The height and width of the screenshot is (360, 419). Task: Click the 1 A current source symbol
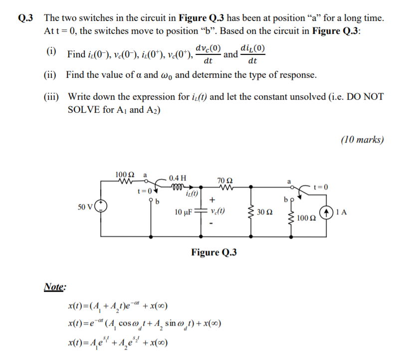327,211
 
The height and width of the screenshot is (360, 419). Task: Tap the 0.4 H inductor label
178,178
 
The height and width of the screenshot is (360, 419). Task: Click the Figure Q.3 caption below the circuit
213,252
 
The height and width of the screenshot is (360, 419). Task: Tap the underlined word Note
55,287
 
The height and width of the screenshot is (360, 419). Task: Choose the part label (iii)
52,96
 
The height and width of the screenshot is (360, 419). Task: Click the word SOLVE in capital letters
85,109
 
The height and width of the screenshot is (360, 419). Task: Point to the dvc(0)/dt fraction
209,55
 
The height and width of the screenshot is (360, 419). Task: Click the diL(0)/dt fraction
252,55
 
